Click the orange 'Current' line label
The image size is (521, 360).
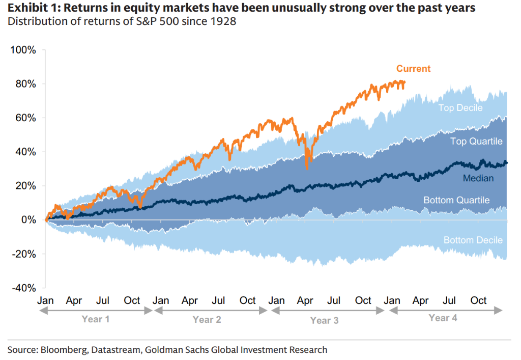pos(413,69)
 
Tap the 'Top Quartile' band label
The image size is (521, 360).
pos(476,141)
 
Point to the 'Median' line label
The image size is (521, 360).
pos(478,178)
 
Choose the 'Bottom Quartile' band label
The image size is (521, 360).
pos(456,200)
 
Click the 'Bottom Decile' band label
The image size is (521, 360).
pos(473,240)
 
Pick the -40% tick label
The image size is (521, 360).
pos(24,288)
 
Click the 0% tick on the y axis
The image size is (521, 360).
pos(28,220)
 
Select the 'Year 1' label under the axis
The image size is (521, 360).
pos(96,319)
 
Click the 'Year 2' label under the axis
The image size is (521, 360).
pos(207,319)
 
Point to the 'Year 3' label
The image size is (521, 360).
pos(324,320)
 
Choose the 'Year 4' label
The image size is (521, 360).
pos(443,318)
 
